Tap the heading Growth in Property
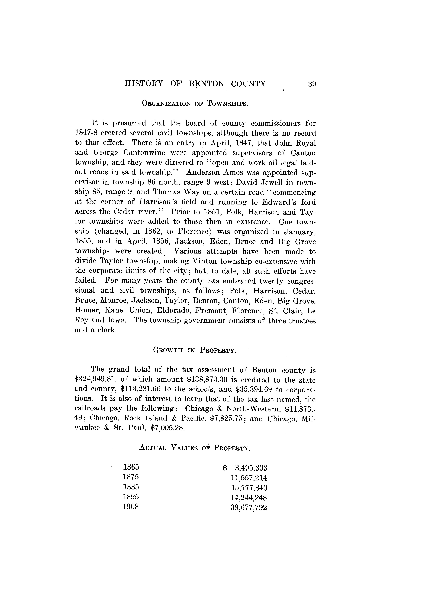[195, 350]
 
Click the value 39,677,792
[249, 507]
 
